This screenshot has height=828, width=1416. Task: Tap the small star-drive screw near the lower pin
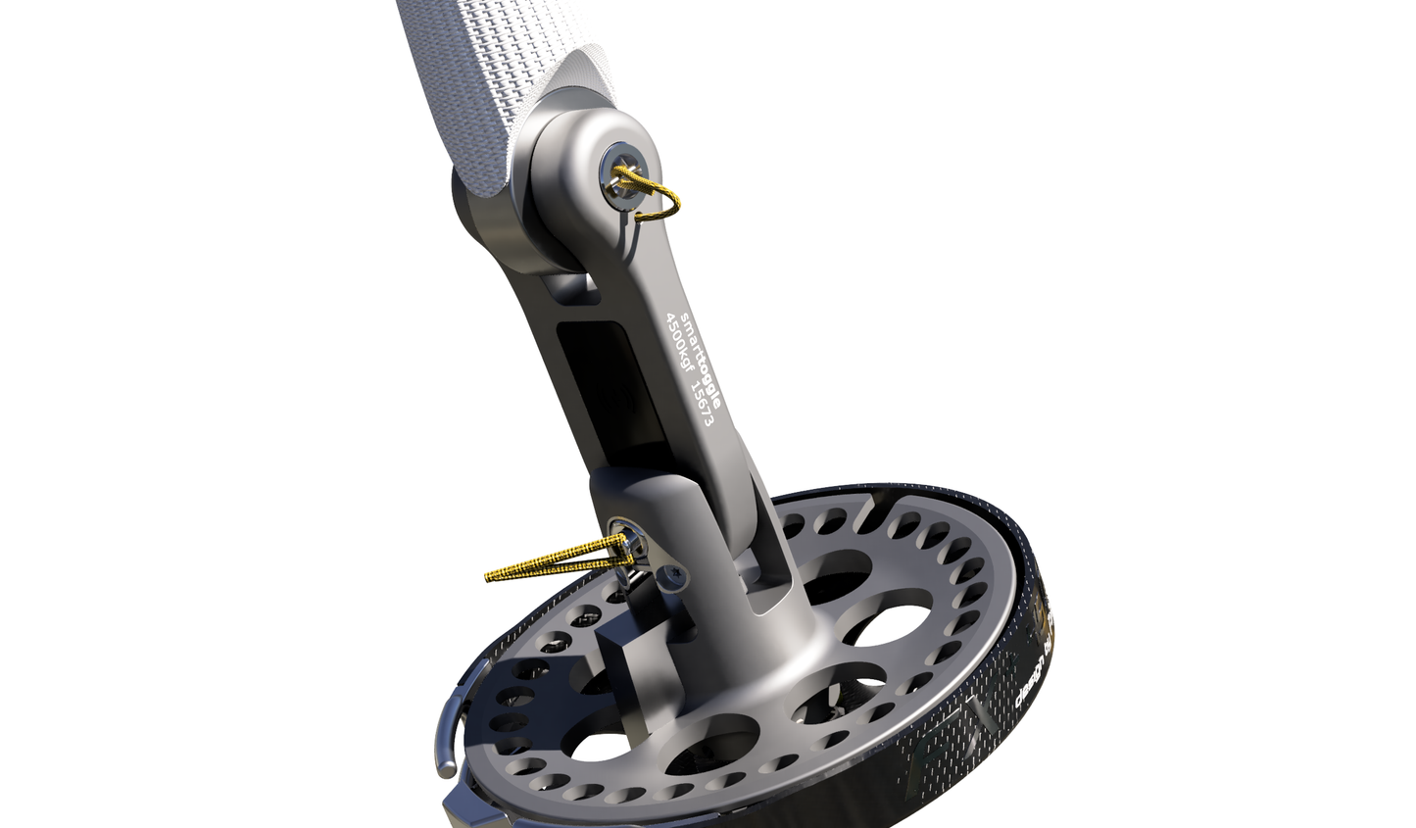click(x=674, y=577)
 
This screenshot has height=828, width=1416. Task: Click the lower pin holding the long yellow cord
click(x=619, y=538)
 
